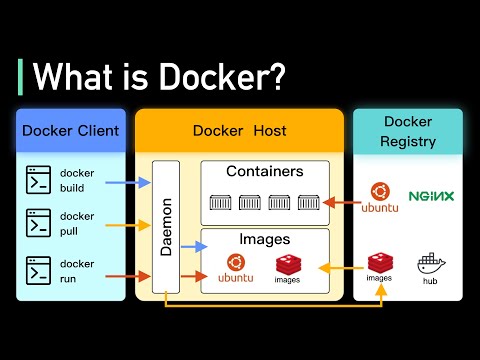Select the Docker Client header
pyautogui.click(x=70, y=131)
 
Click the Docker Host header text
pyautogui.click(x=239, y=131)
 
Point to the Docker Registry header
pyautogui.click(x=408, y=131)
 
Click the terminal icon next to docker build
pyautogui.click(x=39, y=180)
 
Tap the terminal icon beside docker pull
pyautogui.click(x=39, y=222)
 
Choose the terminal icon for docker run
pyautogui.click(x=39, y=270)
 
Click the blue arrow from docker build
pyautogui.click(x=129, y=182)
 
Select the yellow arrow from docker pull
pyautogui.click(x=129, y=224)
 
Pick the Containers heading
pyautogui.click(x=264, y=172)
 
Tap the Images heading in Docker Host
pyautogui.click(x=264, y=239)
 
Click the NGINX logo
pyautogui.click(x=431, y=196)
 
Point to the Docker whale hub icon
pyautogui.click(x=431, y=265)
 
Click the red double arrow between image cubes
pyautogui.click(x=337, y=269)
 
